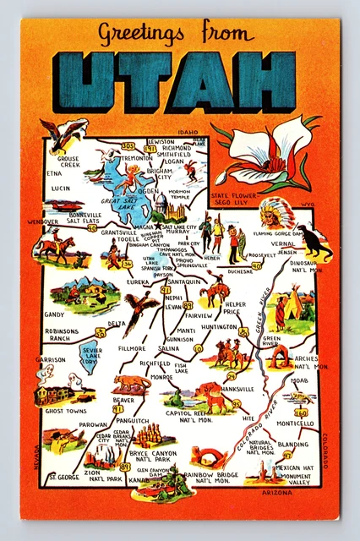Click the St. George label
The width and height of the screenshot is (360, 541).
click(x=63, y=477)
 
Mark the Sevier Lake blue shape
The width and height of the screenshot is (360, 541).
click(x=90, y=356)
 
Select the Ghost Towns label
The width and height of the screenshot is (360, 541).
click(x=66, y=411)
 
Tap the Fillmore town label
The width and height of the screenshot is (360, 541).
click(x=133, y=347)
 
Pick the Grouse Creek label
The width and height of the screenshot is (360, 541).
click(x=68, y=161)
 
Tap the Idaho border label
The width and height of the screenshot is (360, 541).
click(x=187, y=133)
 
